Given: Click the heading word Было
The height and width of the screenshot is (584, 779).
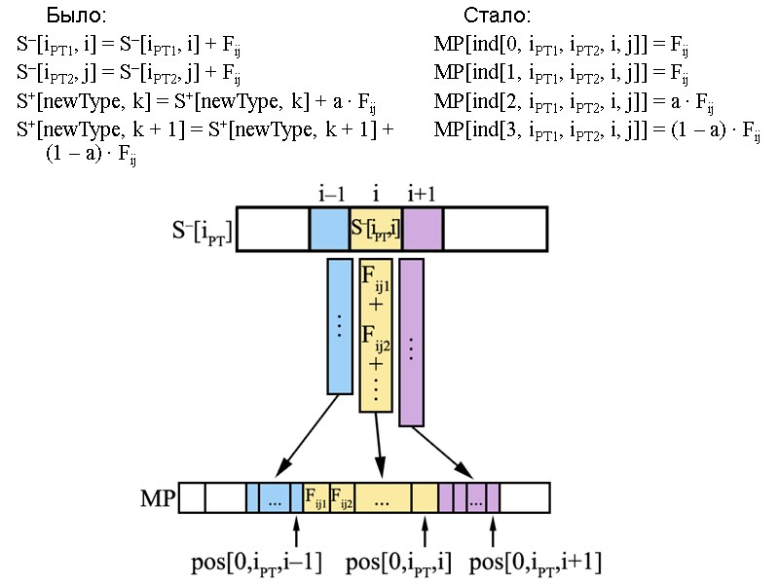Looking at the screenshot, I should tap(76, 17).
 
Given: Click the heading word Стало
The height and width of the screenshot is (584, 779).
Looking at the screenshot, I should tap(498, 17).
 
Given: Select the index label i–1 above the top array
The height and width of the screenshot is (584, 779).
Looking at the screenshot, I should tap(331, 195).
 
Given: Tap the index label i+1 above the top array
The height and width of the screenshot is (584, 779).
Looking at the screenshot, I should tap(421, 195).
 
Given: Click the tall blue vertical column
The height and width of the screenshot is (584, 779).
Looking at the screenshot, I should tap(339, 325).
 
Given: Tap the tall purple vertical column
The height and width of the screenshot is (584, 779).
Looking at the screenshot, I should tap(411, 342).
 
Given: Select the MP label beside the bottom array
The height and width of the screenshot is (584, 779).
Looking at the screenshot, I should tap(158, 499).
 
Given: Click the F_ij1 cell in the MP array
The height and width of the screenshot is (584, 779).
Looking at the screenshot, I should tap(316, 498).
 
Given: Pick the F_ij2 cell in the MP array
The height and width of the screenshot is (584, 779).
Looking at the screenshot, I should tap(343, 498).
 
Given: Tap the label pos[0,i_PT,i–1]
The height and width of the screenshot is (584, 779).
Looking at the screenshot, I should tap(256, 562).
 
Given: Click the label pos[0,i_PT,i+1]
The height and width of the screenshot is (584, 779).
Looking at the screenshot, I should tap(536, 562).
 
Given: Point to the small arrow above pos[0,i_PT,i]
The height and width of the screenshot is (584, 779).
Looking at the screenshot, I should tap(425, 531).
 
